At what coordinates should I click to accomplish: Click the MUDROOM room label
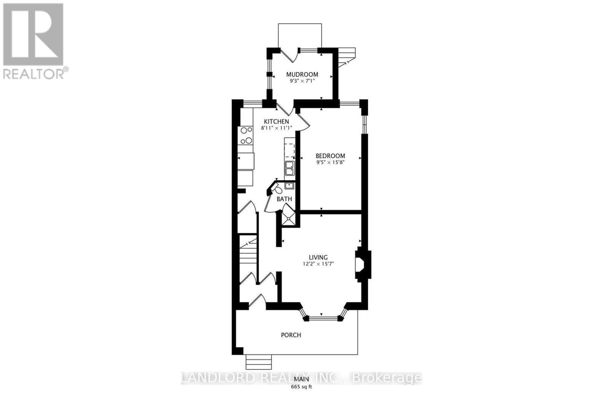pyautogui.click(x=302, y=74)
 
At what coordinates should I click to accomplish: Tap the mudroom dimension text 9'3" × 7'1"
pyautogui.click(x=302, y=81)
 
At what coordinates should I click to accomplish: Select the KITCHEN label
pyautogui.click(x=276, y=122)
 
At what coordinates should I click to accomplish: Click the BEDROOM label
pyautogui.click(x=330, y=156)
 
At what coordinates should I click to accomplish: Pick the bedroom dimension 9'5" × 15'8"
pyautogui.click(x=330, y=163)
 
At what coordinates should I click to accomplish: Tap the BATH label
pyautogui.click(x=284, y=199)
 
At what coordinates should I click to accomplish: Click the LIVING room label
pyautogui.click(x=318, y=257)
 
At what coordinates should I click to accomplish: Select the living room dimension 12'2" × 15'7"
pyautogui.click(x=318, y=264)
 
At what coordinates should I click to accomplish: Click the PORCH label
pyautogui.click(x=291, y=335)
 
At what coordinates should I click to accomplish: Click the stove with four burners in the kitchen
pyautogui.click(x=246, y=135)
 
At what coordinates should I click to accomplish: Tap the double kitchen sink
pyautogui.click(x=289, y=168)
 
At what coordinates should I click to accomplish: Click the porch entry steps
pyautogui.click(x=259, y=362)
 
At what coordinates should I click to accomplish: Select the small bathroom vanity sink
pyautogui.click(x=289, y=185)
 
